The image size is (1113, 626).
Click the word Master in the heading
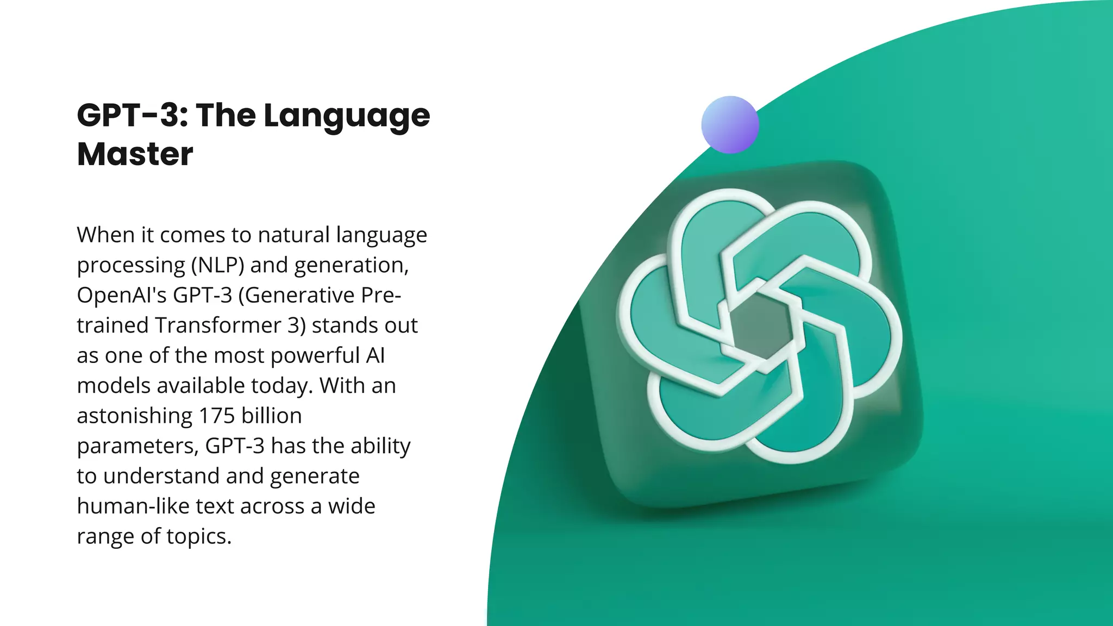pos(135,154)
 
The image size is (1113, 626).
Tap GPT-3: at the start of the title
pos(133,115)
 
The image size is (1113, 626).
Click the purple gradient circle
pos(730,124)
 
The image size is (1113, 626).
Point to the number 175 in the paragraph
pos(216,416)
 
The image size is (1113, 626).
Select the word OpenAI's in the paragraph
pos(122,295)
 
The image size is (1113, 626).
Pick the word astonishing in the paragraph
pos(134,416)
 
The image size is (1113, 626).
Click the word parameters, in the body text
pos(137,446)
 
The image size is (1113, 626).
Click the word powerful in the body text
pos(315,355)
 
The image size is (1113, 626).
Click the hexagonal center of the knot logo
pos(760,325)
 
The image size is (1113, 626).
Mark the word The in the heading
pos(226,115)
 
